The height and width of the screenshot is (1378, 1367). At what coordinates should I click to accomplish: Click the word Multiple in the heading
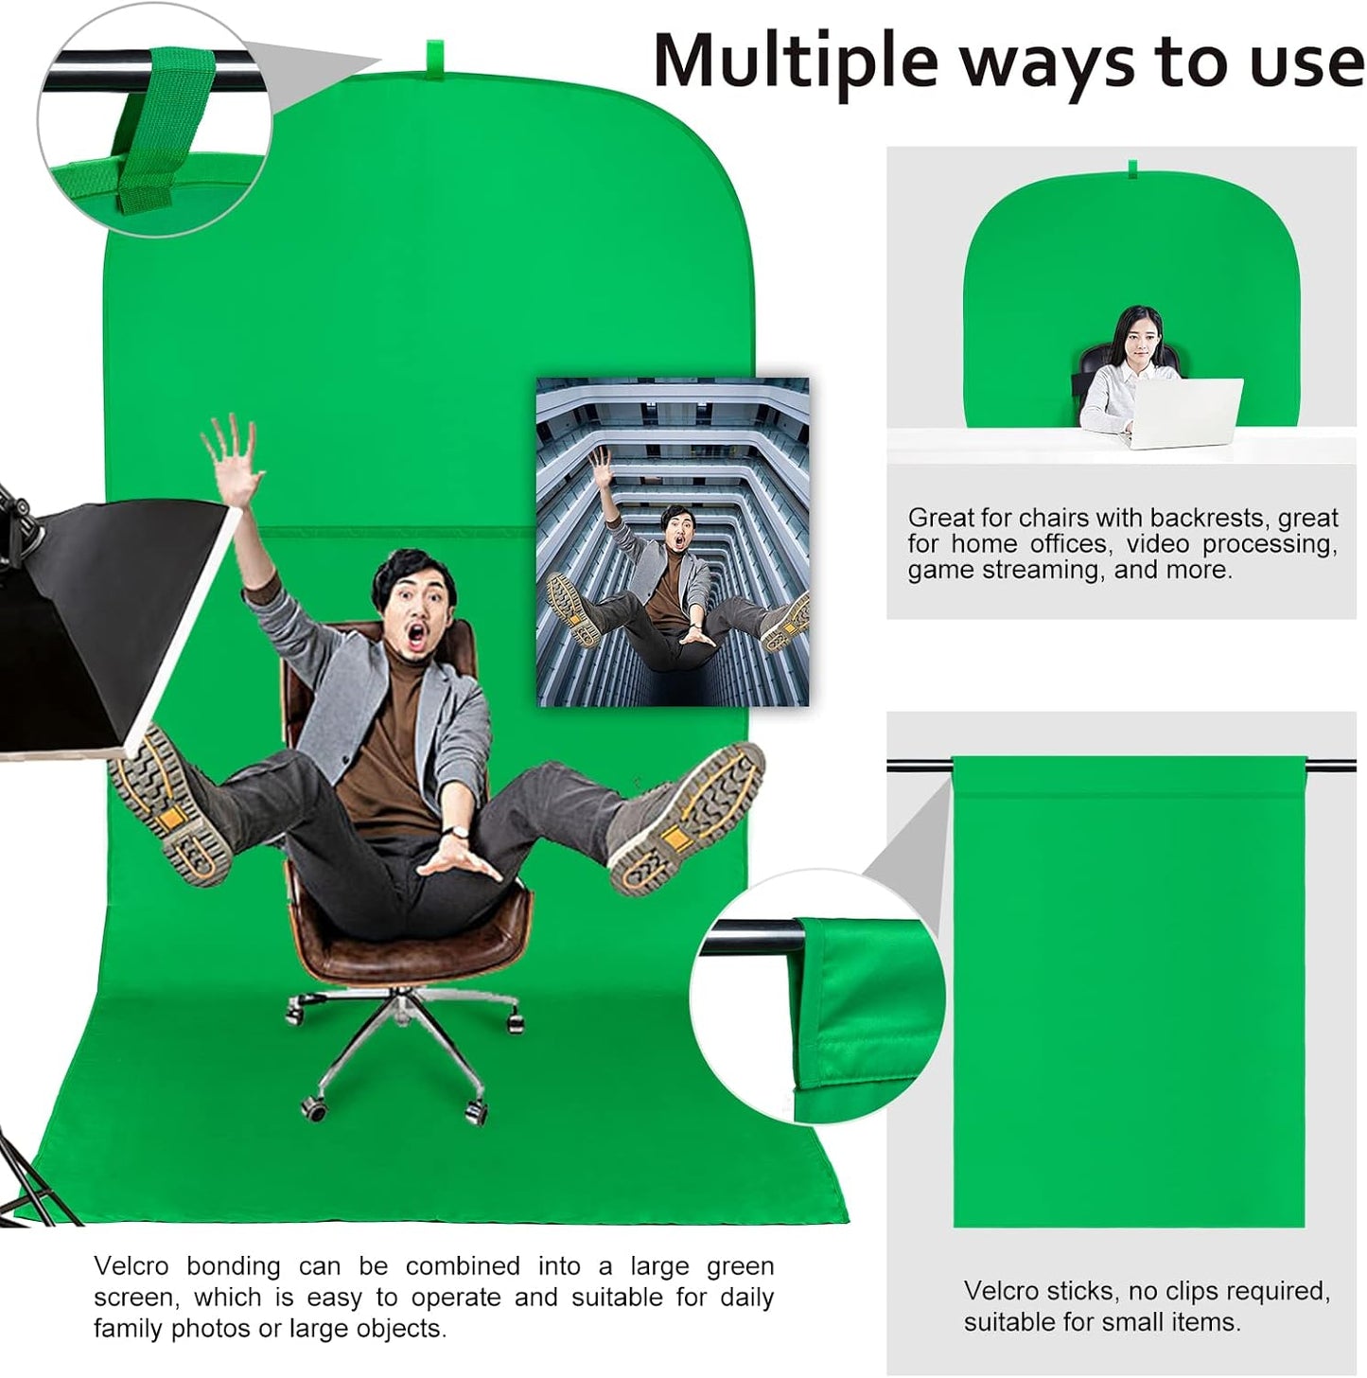click(x=796, y=62)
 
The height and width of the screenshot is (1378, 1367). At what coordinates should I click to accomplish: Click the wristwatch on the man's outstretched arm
click(x=457, y=833)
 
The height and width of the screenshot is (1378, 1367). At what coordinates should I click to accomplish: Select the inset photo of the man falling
click(x=673, y=541)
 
